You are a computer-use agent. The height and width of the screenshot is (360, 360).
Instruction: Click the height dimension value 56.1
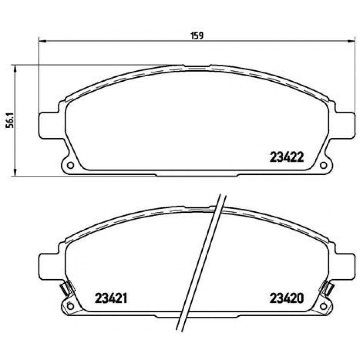[x=11, y=120]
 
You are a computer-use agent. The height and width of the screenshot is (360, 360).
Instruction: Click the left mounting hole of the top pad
[x=71, y=165]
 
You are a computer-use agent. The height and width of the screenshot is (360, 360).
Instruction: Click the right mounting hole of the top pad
[x=323, y=165]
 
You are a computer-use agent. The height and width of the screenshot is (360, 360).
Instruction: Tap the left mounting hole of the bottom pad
[x=71, y=306]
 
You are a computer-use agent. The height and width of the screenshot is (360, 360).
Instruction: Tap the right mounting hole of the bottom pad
[x=323, y=306]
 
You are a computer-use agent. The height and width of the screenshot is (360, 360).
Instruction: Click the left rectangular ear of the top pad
[x=47, y=124]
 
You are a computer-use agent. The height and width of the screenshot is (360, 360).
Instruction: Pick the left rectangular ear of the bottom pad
[x=47, y=265]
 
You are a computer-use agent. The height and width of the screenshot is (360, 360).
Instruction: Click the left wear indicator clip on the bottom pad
[x=66, y=288]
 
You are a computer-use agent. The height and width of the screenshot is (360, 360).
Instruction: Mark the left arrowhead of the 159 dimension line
[x=41, y=41]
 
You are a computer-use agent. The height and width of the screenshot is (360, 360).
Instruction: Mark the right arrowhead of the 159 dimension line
[x=351, y=41]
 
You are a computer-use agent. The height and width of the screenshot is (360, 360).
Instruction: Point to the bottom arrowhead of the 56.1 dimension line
[x=15, y=173]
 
